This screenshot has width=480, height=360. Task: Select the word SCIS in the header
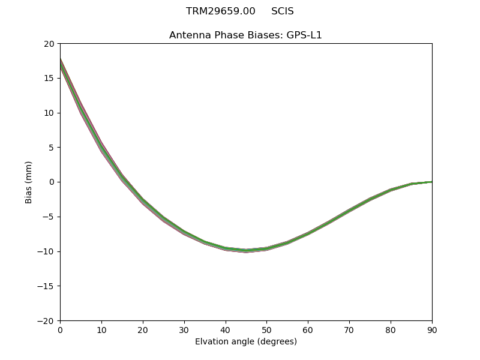pyautogui.click(x=282, y=11)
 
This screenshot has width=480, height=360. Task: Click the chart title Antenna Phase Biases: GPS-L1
pyautogui.click(x=245, y=35)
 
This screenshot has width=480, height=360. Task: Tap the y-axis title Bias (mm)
pyautogui.click(x=29, y=182)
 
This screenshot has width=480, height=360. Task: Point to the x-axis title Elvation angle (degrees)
pyautogui.click(x=246, y=342)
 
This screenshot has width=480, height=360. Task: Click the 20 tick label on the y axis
pyautogui.click(x=49, y=44)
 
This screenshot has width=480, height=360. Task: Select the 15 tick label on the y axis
pyautogui.click(x=49, y=79)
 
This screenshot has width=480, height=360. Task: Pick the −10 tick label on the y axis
pyautogui.click(x=46, y=251)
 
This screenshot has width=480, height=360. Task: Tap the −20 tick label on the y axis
pyautogui.click(x=46, y=321)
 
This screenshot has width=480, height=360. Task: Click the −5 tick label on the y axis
pyautogui.click(x=48, y=217)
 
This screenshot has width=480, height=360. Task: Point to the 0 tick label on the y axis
pyautogui.click(x=52, y=182)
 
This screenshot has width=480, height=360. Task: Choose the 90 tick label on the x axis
pyautogui.click(x=432, y=330)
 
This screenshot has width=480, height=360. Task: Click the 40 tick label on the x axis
pyautogui.click(x=225, y=330)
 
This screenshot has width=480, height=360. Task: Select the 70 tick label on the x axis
pyautogui.click(x=349, y=330)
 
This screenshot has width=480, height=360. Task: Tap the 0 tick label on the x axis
pyautogui.click(x=60, y=330)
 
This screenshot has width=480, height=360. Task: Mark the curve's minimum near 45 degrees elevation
pyautogui.click(x=246, y=251)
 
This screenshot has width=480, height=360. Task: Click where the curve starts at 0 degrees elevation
pyautogui.click(x=61, y=62)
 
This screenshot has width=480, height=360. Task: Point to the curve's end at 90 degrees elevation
pyautogui.click(x=431, y=182)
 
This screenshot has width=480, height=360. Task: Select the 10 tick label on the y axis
pyautogui.click(x=49, y=113)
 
